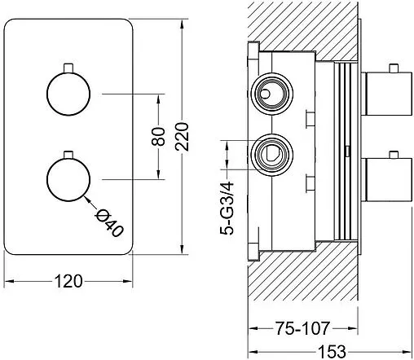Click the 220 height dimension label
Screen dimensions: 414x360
[x=183, y=137]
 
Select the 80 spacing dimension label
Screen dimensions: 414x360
[x=159, y=137]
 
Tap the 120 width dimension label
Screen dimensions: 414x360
[x=68, y=281]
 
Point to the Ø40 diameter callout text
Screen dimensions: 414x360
[x=109, y=224]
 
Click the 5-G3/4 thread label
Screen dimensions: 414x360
[x=227, y=209]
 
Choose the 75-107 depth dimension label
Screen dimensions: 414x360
[x=302, y=328]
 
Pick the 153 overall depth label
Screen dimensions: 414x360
[x=332, y=352]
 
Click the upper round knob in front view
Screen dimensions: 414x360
[x=68, y=94]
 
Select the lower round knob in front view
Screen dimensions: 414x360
[x=68, y=180]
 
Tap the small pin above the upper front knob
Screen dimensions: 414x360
[x=68, y=68]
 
